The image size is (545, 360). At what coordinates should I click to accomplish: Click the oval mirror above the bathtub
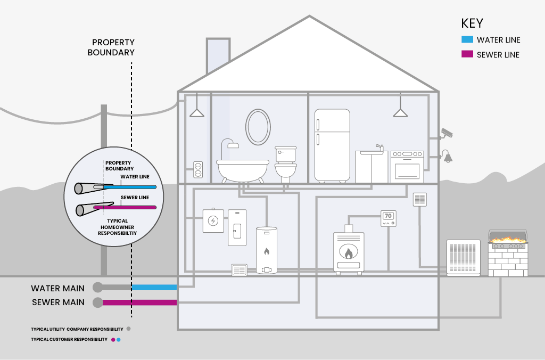[x=258, y=126]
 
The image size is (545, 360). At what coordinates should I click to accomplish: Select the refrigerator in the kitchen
[x=332, y=145]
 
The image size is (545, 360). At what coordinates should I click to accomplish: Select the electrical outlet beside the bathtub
[x=198, y=170]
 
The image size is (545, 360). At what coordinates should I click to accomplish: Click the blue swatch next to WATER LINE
[x=467, y=40]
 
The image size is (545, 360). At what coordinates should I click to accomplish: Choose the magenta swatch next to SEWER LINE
[x=467, y=55]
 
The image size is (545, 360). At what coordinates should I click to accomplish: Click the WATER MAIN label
[x=57, y=288]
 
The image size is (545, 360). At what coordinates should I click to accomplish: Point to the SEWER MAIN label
[x=58, y=303]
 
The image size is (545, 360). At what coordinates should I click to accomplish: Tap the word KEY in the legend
[x=472, y=23]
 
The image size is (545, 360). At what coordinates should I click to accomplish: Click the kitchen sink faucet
[x=379, y=148]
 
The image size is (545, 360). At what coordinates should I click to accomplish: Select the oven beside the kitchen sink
[x=407, y=167]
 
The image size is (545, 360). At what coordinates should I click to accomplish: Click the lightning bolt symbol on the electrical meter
[x=213, y=221]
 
